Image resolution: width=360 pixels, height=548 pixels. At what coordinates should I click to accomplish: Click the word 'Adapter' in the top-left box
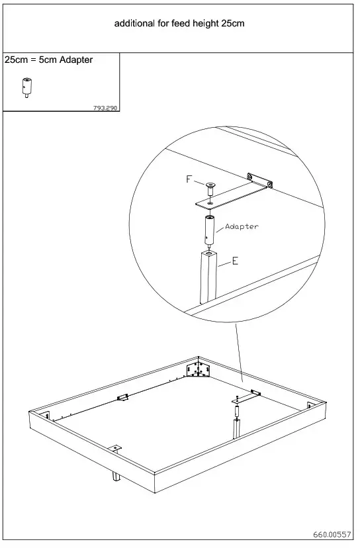tap(76, 60)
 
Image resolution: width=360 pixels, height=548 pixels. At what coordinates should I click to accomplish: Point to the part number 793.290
tap(107, 108)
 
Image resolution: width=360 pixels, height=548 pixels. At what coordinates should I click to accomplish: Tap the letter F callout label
tap(189, 179)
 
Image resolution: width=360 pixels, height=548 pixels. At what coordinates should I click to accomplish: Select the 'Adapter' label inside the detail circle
tap(242, 226)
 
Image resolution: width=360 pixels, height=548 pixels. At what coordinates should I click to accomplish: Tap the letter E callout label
tap(235, 261)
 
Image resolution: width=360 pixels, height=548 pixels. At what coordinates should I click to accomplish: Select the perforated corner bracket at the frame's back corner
tap(198, 369)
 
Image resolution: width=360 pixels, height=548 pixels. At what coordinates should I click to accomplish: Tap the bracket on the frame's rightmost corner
tap(311, 405)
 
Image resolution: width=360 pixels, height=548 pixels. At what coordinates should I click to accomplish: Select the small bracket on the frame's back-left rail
tap(122, 398)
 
